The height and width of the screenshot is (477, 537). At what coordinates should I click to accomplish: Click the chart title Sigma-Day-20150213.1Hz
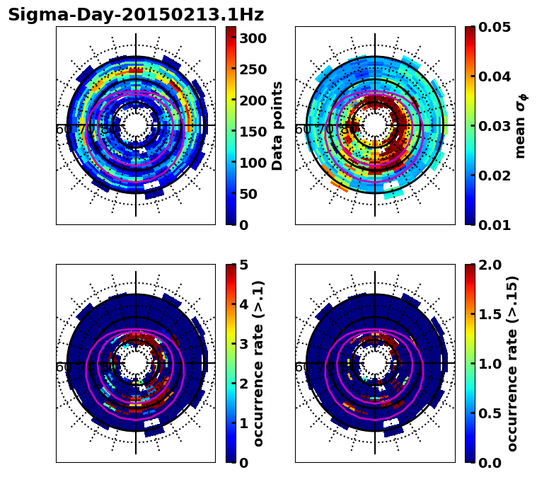coord(136,15)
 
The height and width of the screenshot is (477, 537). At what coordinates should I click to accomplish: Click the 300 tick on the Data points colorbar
coord(253,38)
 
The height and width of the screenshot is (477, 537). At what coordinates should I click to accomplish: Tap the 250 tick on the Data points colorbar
coord(253,69)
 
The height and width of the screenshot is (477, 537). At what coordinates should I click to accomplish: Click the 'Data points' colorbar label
coord(277,125)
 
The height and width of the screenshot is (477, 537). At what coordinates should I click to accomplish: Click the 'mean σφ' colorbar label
coord(521,125)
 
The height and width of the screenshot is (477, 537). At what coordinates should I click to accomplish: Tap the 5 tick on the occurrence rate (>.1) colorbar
coord(243,265)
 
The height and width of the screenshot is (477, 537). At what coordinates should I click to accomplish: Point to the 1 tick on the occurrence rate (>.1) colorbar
coord(243,423)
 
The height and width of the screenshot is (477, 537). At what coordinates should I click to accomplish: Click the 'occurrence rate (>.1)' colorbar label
coord(259,363)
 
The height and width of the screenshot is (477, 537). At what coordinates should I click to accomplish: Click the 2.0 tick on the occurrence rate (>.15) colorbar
coord(487,265)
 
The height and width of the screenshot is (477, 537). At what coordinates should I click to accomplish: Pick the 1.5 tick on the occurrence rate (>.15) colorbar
coord(487,314)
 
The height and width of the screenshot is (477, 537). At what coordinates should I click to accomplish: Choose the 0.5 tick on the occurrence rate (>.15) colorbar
coord(487,413)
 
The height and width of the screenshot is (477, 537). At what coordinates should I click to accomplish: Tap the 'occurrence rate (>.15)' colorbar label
coord(512,363)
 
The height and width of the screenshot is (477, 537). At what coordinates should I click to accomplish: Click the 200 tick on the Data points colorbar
coord(253,100)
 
